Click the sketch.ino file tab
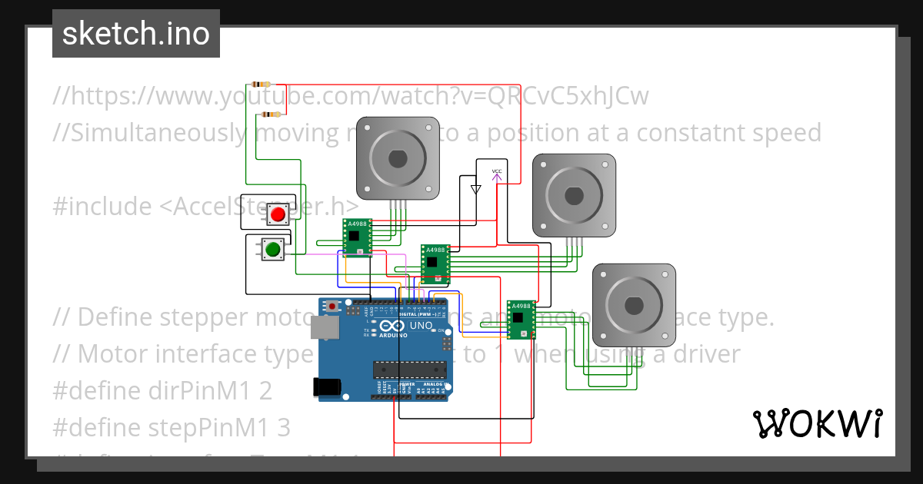click(136, 34)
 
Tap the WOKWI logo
click(817, 423)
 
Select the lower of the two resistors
click(270, 114)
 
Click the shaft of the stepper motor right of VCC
click(575, 195)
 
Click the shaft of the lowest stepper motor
click(633, 305)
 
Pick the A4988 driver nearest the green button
click(357, 236)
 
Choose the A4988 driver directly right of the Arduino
click(521, 319)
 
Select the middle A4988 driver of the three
click(435, 264)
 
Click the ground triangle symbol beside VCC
click(475, 188)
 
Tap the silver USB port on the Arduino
click(325, 328)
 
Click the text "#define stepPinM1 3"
click(172, 427)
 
